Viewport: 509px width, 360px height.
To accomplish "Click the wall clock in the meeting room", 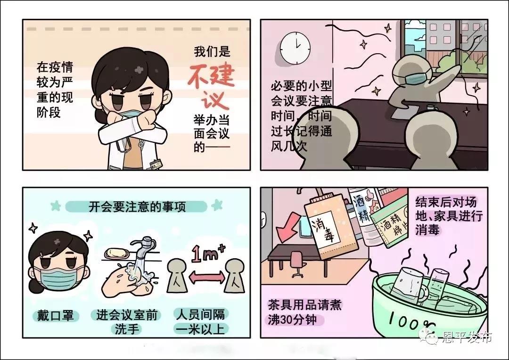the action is (x=295, y=48).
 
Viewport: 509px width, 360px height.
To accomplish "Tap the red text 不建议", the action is (x=211, y=86).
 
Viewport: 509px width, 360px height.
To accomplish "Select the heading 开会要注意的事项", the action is (x=137, y=206).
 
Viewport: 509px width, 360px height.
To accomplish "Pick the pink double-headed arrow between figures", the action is (x=207, y=277).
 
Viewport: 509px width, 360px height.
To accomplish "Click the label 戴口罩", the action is (x=56, y=316).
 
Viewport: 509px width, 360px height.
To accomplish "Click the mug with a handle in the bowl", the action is (x=410, y=286).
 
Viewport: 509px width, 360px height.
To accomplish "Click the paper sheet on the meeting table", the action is (x=401, y=113).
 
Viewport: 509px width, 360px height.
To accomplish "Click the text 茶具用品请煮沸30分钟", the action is (x=304, y=312).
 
